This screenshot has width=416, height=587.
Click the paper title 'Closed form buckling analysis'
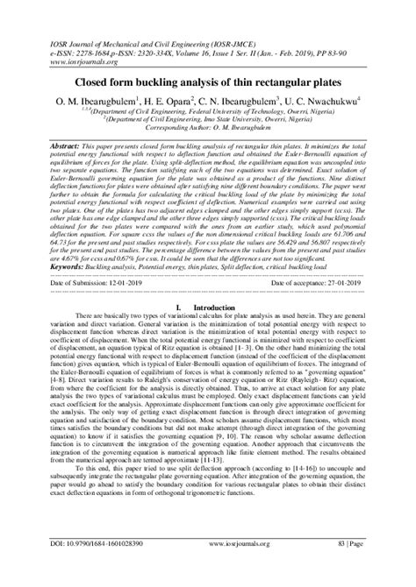(208, 83)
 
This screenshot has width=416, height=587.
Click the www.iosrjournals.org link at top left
(85, 62)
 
